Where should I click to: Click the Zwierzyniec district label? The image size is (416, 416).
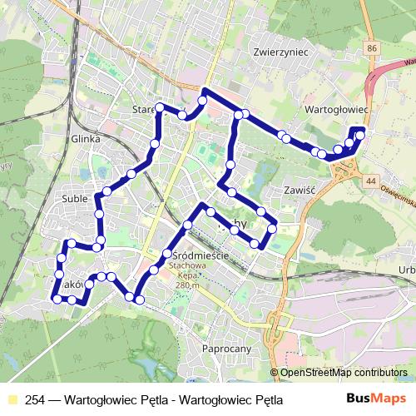tap(280, 52)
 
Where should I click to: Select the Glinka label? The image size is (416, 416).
tap(86, 140)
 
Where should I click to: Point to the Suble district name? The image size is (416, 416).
tap(75, 200)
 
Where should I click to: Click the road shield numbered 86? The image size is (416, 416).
tap(371, 50)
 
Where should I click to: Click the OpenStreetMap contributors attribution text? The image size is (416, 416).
tap(344, 374)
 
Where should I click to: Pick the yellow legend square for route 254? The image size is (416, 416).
tap(12, 399)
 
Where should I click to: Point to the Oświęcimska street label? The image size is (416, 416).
tap(398, 197)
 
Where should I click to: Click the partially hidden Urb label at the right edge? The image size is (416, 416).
tap(407, 269)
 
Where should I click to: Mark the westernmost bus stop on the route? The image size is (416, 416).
tap(57, 298)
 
